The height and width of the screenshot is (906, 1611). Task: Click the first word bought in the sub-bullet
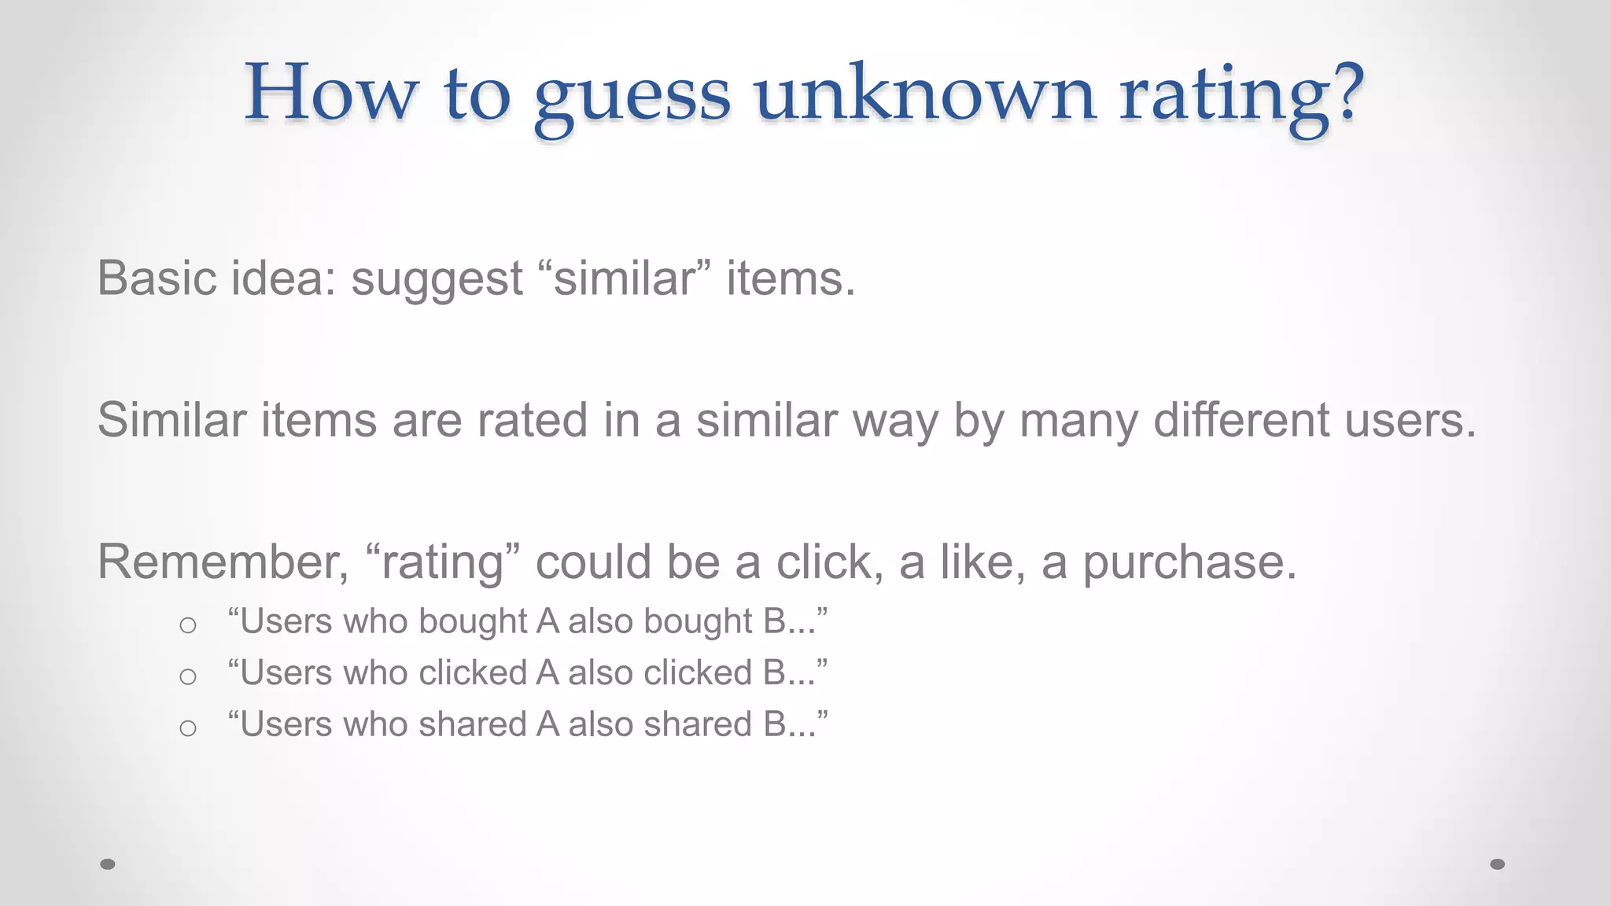[473, 621]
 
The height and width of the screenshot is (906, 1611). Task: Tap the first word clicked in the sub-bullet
[473, 673]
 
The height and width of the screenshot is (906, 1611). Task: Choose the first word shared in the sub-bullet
[472, 724]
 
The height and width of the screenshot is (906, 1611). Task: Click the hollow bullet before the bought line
[187, 625]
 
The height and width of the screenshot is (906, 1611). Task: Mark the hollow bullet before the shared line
[187, 728]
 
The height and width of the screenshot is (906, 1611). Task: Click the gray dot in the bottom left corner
[108, 864]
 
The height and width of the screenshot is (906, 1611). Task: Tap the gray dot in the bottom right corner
[1497, 864]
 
